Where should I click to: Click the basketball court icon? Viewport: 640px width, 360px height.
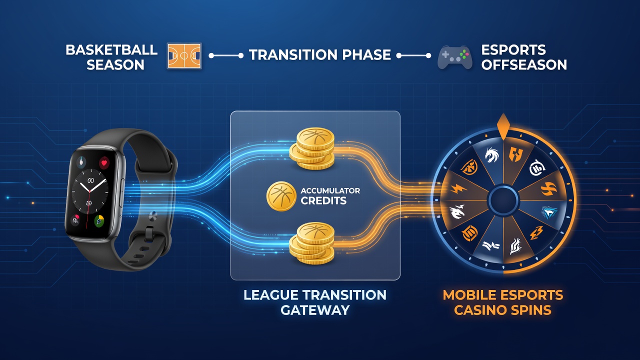[x=184, y=55]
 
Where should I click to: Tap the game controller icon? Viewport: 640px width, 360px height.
[x=455, y=57]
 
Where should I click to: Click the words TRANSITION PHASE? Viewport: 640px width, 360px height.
[x=320, y=55]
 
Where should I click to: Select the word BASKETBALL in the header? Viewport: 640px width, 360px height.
[x=111, y=49]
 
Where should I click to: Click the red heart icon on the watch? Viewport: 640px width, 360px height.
[x=104, y=163]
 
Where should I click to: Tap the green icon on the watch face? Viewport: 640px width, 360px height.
[x=99, y=221]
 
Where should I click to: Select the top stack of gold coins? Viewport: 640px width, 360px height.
[x=311, y=149]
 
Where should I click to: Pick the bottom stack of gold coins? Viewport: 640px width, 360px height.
[x=311, y=243]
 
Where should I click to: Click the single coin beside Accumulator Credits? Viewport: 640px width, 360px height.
[x=281, y=196]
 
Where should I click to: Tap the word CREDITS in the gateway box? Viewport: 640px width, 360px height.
[x=323, y=201]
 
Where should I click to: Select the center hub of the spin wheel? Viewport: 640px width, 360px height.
[x=503, y=199]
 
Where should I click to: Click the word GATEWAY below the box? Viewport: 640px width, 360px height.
[x=315, y=310]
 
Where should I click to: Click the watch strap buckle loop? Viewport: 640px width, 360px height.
[x=149, y=233]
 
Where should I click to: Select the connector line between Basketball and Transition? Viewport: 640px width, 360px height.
[x=225, y=55]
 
